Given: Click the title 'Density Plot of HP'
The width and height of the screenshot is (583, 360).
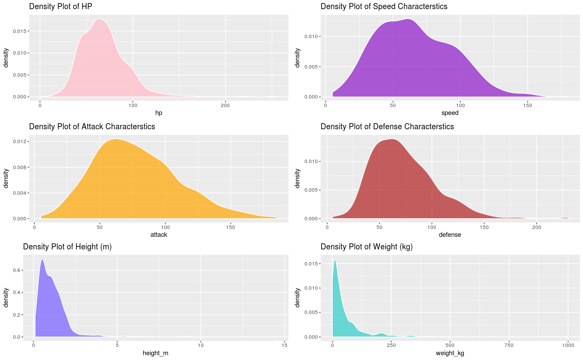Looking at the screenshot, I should pyautogui.click(x=60, y=7).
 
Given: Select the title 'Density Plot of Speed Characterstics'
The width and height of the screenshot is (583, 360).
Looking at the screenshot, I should pyautogui.click(x=384, y=7).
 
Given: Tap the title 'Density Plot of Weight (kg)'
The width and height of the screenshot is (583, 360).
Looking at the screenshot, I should pyautogui.click(x=367, y=247).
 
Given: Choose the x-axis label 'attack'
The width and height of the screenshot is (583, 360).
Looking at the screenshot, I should pyautogui.click(x=158, y=235).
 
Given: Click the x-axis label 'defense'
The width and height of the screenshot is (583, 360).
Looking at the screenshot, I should pyautogui.click(x=450, y=235).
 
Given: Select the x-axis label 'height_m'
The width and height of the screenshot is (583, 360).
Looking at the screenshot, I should pyautogui.click(x=155, y=353).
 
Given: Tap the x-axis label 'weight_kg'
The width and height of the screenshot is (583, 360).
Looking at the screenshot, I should pyautogui.click(x=450, y=353).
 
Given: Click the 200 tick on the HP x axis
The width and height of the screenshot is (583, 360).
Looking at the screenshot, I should pyautogui.click(x=226, y=105).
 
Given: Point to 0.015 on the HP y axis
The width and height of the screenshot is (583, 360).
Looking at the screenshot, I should pyautogui.click(x=18, y=31).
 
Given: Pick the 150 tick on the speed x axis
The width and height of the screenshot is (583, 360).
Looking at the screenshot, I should pyautogui.click(x=527, y=105).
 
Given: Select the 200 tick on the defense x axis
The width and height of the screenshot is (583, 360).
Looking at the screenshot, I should pyautogui.click(x=537, y=227).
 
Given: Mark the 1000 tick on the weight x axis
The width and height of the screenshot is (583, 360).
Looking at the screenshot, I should pyautogui.click(x=568, y=345).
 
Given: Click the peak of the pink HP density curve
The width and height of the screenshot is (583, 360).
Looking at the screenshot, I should pyautogui.click(x=99, y=19).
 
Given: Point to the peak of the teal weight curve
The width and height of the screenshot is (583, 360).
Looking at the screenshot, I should pyautogui.click(x=334, y=259).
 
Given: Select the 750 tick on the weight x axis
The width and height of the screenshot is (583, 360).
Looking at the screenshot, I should pyautogui.click(x=509, y=345).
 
